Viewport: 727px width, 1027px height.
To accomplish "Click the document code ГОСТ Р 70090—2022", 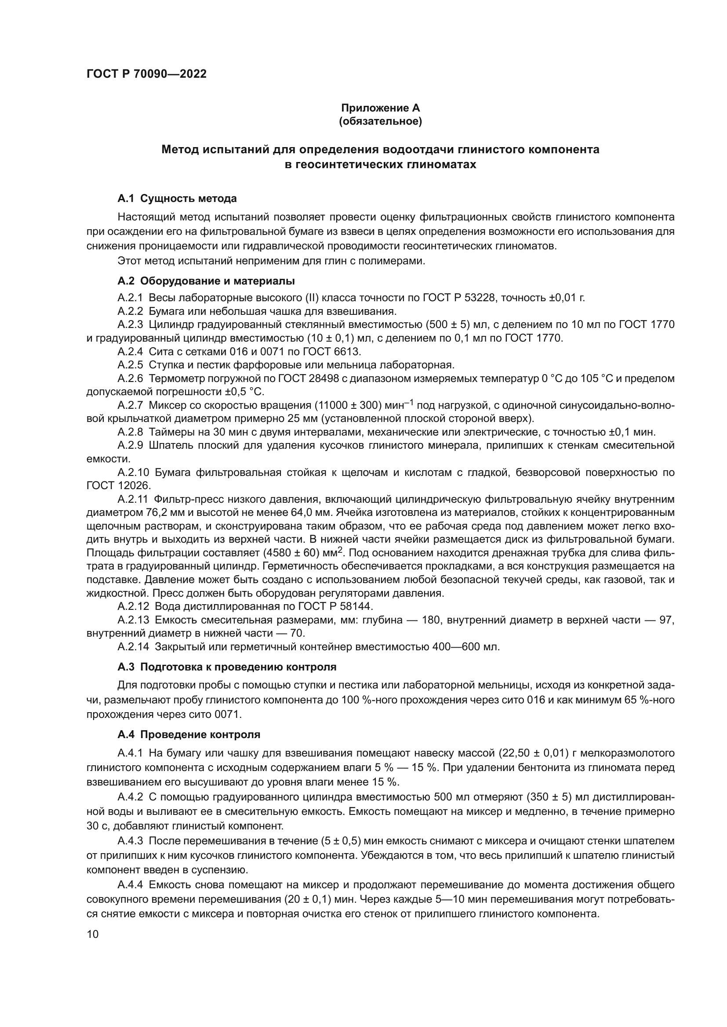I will click(x=146, y=74).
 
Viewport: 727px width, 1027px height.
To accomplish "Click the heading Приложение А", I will click(x=380, y=108).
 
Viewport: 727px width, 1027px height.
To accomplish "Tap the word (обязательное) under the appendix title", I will click(x=380, y=121).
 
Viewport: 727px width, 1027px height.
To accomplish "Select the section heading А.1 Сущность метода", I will click(x=177, y=198).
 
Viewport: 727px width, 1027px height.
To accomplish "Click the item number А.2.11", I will click(x=132, y=499).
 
